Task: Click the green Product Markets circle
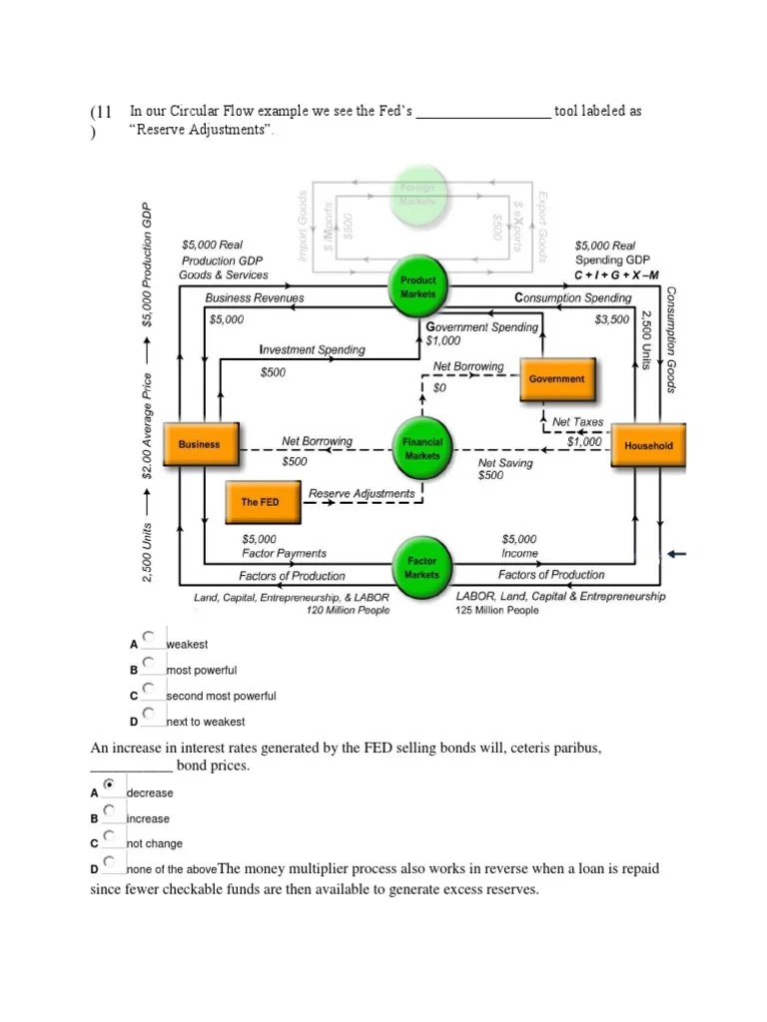click(x=417, y=286)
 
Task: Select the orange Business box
click(x=199, y=444)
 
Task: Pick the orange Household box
click(x=648, y=446)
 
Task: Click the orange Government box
click(x=557, y=379)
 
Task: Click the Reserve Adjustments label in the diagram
click(x=361, y=493)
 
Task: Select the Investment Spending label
click(x=312, y=350)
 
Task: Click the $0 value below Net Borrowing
click(x=438, y=386)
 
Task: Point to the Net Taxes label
click(x=577, y=422)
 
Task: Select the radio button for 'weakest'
click(x=148, y=635)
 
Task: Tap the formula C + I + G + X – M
click(x=616, y=275)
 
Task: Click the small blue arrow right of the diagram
click(x=677, y=554)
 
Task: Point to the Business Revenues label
click(x=254, y=297)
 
